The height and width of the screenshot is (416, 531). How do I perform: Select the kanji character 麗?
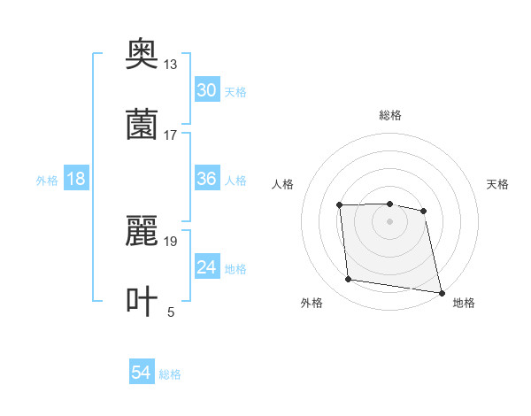tap(142, 232)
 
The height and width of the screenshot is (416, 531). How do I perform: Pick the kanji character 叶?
tap(142, 301)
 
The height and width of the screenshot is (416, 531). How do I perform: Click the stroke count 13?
tap(171, 64)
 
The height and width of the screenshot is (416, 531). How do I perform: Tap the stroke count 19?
tap(171, 241)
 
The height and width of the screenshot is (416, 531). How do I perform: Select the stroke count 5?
tap(171, 312)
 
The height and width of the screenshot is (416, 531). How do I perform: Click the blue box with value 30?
tap(207, 90)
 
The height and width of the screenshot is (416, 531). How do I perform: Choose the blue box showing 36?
tap(207, 179)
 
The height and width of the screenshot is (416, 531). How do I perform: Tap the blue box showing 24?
tap(207, 267)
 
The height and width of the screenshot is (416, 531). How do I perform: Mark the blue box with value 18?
tap(76, 179)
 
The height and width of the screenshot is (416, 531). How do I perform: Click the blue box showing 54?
tap(142, 374)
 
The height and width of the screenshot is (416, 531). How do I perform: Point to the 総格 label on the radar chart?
tap(390, 115)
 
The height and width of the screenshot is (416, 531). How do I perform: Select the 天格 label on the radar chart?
tap(498, 184)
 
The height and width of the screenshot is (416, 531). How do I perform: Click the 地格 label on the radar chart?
tap(464, 303)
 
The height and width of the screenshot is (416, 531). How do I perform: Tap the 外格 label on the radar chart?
tap(312, 303)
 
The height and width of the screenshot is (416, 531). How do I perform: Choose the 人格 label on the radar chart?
tap(282, 184)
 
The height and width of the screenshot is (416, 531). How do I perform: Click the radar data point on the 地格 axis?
tap(440, 291)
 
